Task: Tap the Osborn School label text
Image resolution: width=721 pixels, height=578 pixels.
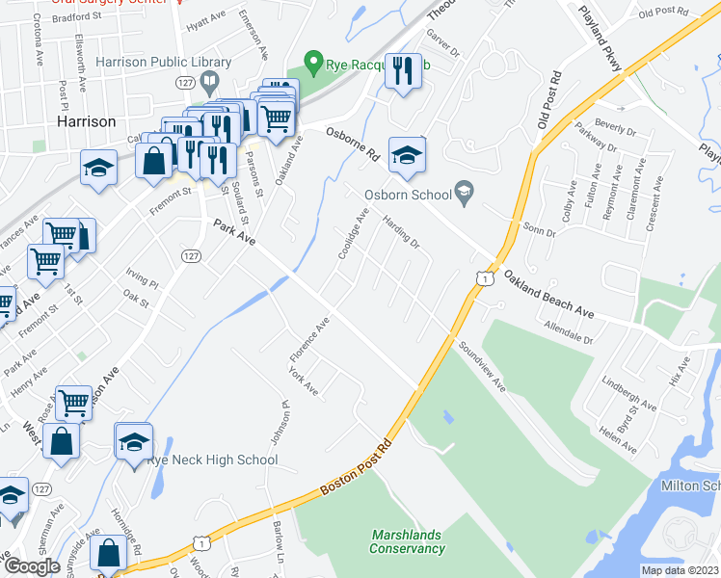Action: click(408, 195)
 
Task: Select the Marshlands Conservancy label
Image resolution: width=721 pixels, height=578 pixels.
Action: click(407, 541)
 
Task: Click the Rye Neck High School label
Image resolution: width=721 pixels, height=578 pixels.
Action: click(212, 460)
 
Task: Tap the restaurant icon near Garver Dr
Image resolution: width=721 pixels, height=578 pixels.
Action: click(403, 70)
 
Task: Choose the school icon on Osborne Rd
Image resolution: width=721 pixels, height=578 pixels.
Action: click(407, 156)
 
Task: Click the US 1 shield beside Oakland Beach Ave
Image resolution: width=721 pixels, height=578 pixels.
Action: click(482, 277)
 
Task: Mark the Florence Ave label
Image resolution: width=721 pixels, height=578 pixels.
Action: click(309, 341)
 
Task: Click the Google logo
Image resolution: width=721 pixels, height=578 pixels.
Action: click(31, 566)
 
